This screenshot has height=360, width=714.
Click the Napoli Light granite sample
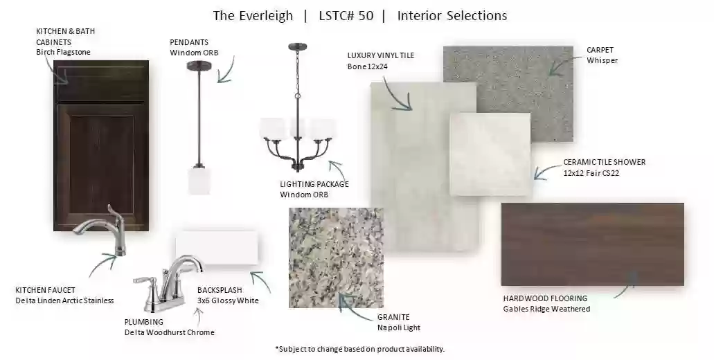coord(336,258)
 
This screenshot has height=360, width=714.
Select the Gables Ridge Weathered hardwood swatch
coord(592,244)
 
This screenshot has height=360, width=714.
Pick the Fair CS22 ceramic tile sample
coord(490,154)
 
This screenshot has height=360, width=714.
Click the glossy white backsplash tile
coord(217,248)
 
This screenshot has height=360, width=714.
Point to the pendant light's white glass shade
coord(199,181)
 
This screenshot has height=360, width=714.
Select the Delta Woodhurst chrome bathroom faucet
coord(167,283)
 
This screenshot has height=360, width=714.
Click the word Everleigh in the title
coord(265,16)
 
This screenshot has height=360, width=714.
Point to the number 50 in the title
coord(366,16)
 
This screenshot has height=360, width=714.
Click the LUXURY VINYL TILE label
coord(381,55)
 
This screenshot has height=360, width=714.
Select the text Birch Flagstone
coord(63,53)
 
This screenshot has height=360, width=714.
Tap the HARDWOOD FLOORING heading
coord(545,298)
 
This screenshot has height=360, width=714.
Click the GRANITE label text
coord(393,317)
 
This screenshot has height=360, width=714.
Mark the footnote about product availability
coord(359,349)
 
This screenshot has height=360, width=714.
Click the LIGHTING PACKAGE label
coord(314,184)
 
